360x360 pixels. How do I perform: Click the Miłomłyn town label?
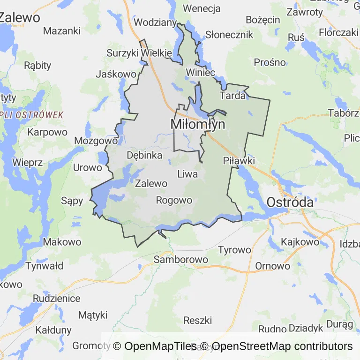pos(197,125)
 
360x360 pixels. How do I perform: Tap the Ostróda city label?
pos(290,202)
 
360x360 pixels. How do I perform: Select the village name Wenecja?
pos(202,8)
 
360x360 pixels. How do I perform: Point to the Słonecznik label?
pos(229,35)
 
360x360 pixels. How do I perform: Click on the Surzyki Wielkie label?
pos(133,53)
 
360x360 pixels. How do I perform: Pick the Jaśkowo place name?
pos(116,74)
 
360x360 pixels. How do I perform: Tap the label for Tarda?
pos(232,96)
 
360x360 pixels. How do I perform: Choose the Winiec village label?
pos(200,72)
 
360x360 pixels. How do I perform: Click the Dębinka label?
pos(144,155)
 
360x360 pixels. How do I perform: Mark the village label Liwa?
pos(187,174)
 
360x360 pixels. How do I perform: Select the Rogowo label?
pos(173,201)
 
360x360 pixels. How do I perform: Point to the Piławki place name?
pos(239,161)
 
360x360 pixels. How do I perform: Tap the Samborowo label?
pos(180,259)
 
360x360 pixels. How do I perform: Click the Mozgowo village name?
pos(95,141)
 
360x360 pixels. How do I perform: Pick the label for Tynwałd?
pos(44,266)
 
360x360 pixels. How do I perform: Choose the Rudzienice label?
pos(56,298)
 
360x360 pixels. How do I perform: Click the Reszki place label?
pos(197,321)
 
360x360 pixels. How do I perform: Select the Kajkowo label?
pos(300,242)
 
